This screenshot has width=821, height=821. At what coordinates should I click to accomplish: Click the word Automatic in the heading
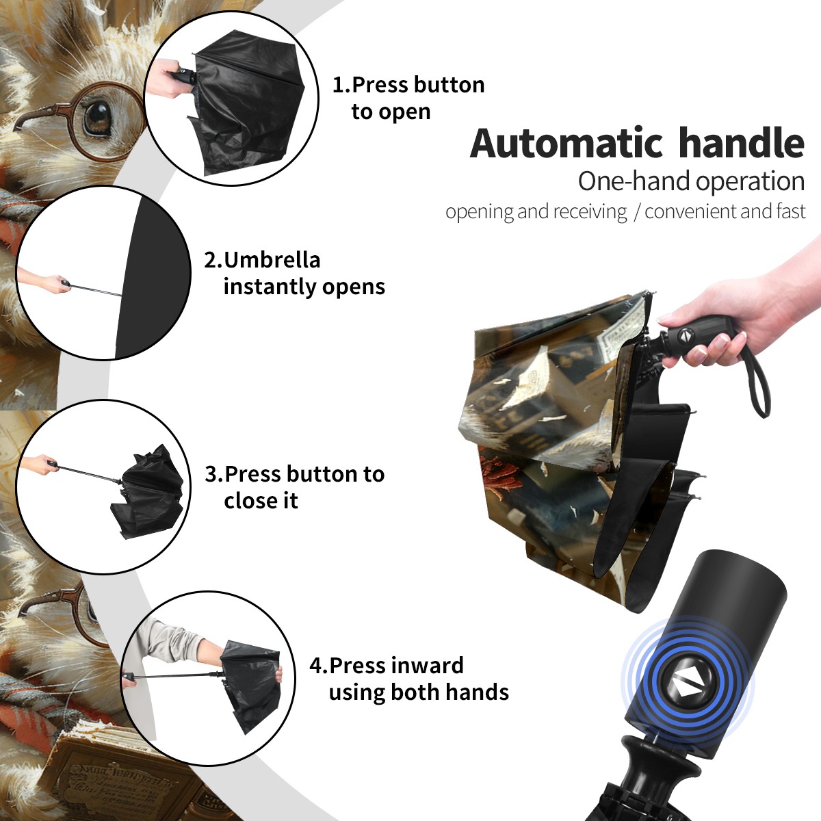tap(566, 144)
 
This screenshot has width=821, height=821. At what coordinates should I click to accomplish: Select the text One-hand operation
tap(691, 181)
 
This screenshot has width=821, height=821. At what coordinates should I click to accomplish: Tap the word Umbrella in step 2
tap(272, 260)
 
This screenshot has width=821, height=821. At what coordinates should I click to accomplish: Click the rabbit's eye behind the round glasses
tap(98, 117)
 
